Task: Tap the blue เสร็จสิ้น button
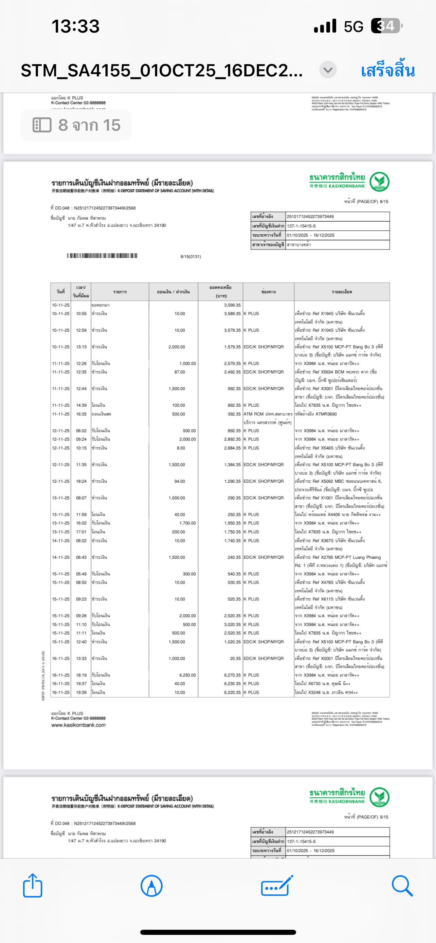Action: pos(387,70)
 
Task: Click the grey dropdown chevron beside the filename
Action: pos(328,70)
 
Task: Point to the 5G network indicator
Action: pos(353,26)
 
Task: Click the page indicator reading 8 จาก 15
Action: pos(76,125)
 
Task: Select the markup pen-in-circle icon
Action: pos(151,886)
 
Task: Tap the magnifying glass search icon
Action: pos(402,886)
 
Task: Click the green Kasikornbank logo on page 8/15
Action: pos(379,182)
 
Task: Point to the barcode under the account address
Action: pos(102,256)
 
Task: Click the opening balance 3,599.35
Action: pos(232,305)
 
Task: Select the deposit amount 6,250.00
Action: pos(187,675)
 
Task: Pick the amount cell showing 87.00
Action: pos(180,372)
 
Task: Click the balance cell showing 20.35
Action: pos(235,658)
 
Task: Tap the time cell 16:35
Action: pos(81,414)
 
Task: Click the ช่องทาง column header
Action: pos(268,292)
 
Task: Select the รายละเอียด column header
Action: pos(342,292)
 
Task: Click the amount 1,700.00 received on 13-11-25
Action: pos(187,523)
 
